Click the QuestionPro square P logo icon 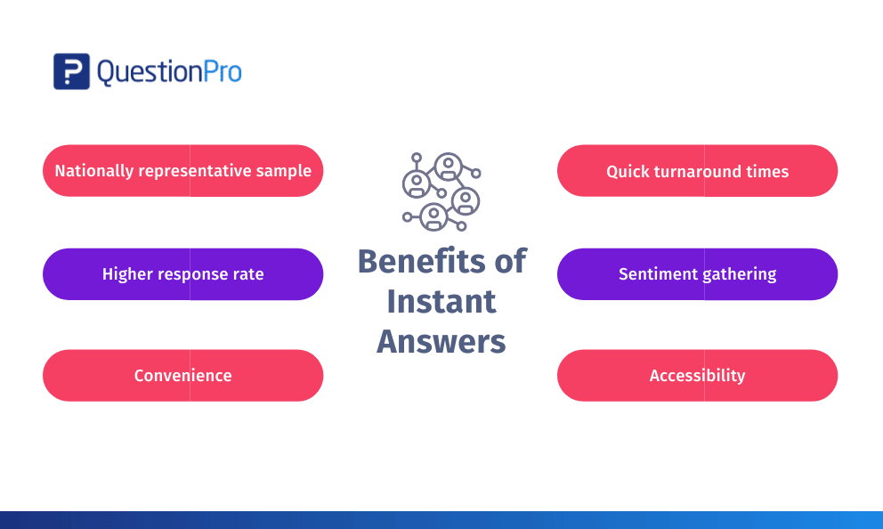[x=71, y=71]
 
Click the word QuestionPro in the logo [x=169, y=72]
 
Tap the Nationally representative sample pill [x=183, y=171]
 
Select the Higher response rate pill [x=183, y=274]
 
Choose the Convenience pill [x=183, y=376]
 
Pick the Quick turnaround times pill [x=697, y=171]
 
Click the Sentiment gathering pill [x=697, y=274]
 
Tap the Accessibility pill [x=697, y=376]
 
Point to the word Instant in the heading [x=441, y=301]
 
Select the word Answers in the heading [x=441, y=341]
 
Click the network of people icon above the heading [x=441, y=191]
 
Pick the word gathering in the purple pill [x=740, y=274]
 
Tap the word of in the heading [x=510, y=262]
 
